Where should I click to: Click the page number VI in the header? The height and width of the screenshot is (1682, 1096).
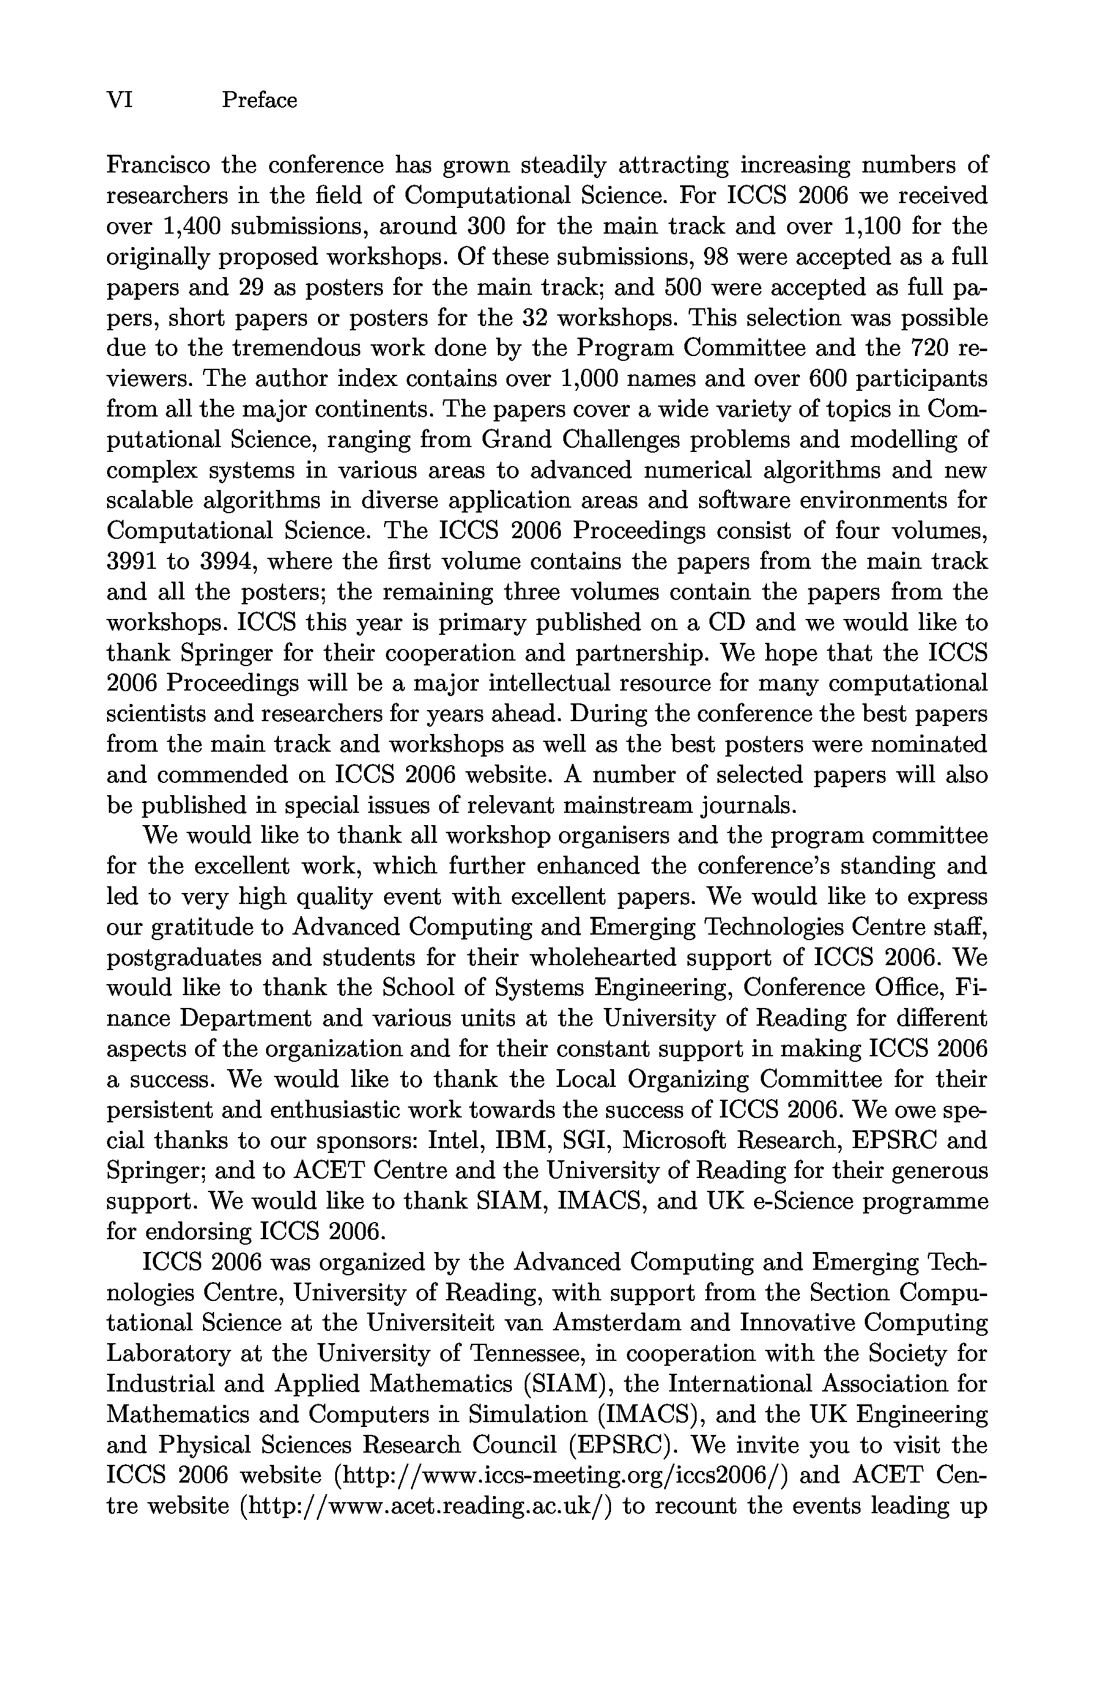click(x=119, y=100)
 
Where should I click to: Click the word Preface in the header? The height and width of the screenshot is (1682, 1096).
click(x=259, y=100)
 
